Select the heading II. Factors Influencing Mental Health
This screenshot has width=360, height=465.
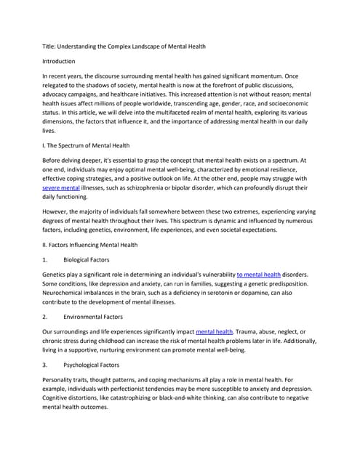point(98,245)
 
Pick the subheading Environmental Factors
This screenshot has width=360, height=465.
point(97,317)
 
